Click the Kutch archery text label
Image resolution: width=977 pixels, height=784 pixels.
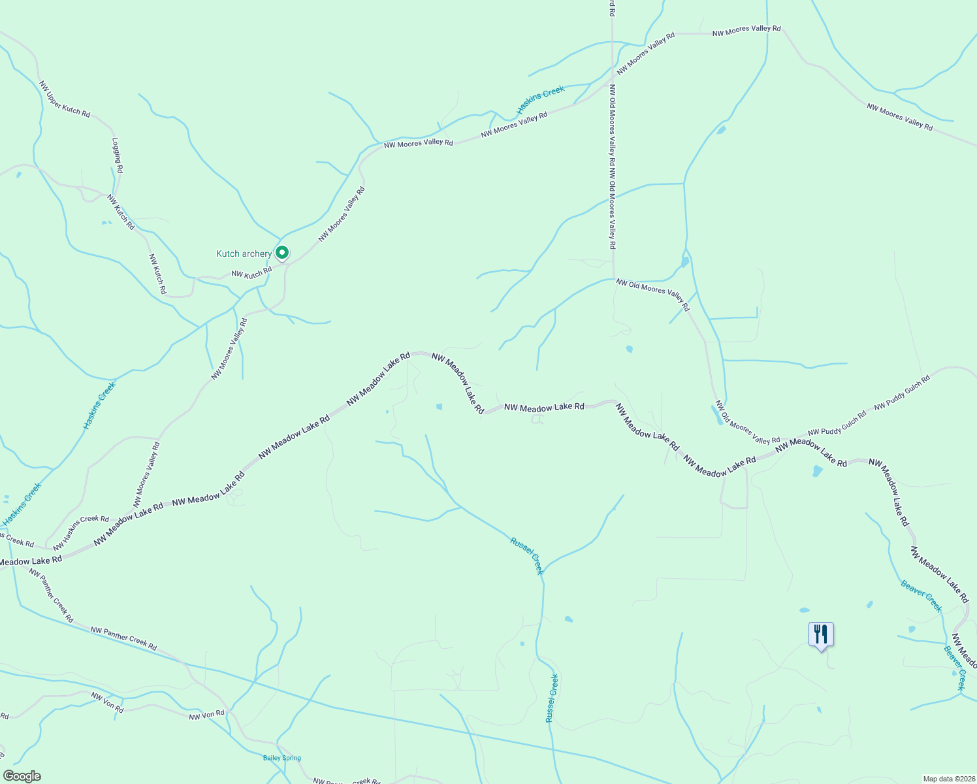click(244, 254)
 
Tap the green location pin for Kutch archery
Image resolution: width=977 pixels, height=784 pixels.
click(282, 252)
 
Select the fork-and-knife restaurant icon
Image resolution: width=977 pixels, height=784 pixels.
click(821, 634)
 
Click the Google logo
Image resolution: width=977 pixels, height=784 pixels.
click(22, 776)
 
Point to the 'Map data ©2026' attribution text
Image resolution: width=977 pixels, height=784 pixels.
click(948, 779)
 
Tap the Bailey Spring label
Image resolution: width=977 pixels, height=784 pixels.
click(282, 758)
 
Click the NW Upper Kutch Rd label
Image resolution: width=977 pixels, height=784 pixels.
click(64, 99)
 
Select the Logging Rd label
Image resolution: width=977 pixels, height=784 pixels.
click(118, 155)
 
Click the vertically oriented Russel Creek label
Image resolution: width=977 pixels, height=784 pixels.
click(552, 698)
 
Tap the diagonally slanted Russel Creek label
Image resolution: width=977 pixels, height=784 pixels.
click(527, 555)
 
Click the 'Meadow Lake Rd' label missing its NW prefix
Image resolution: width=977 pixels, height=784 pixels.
click(31, 561)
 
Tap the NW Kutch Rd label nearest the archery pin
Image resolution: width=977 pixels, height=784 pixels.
click(251, 272)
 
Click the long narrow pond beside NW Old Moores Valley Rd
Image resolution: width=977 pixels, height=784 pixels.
click(718, 415)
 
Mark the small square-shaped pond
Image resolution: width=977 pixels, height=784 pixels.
click(439, 406)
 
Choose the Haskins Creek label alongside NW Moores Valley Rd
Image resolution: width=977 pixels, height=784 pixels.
click(540, 99)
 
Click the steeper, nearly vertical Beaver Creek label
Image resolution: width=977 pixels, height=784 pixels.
click(955, 668)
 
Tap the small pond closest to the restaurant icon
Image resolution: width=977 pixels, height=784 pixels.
click(804, 610)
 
